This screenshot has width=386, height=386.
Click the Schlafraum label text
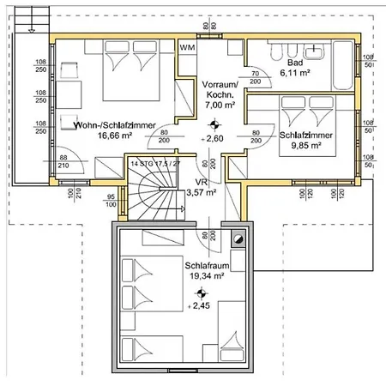[204, 266]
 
